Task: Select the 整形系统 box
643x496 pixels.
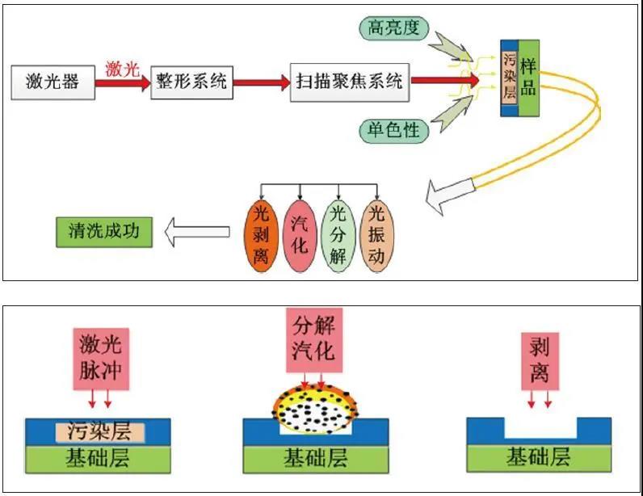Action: pos(191,81)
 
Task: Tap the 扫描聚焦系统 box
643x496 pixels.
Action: pos(349,81)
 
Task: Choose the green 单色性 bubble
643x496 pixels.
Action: pos(392,129)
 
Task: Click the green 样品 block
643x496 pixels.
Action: pos(529,77)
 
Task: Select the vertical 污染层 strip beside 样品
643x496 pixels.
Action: pos(509,78)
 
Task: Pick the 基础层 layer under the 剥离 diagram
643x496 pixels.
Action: pos(539,457)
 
